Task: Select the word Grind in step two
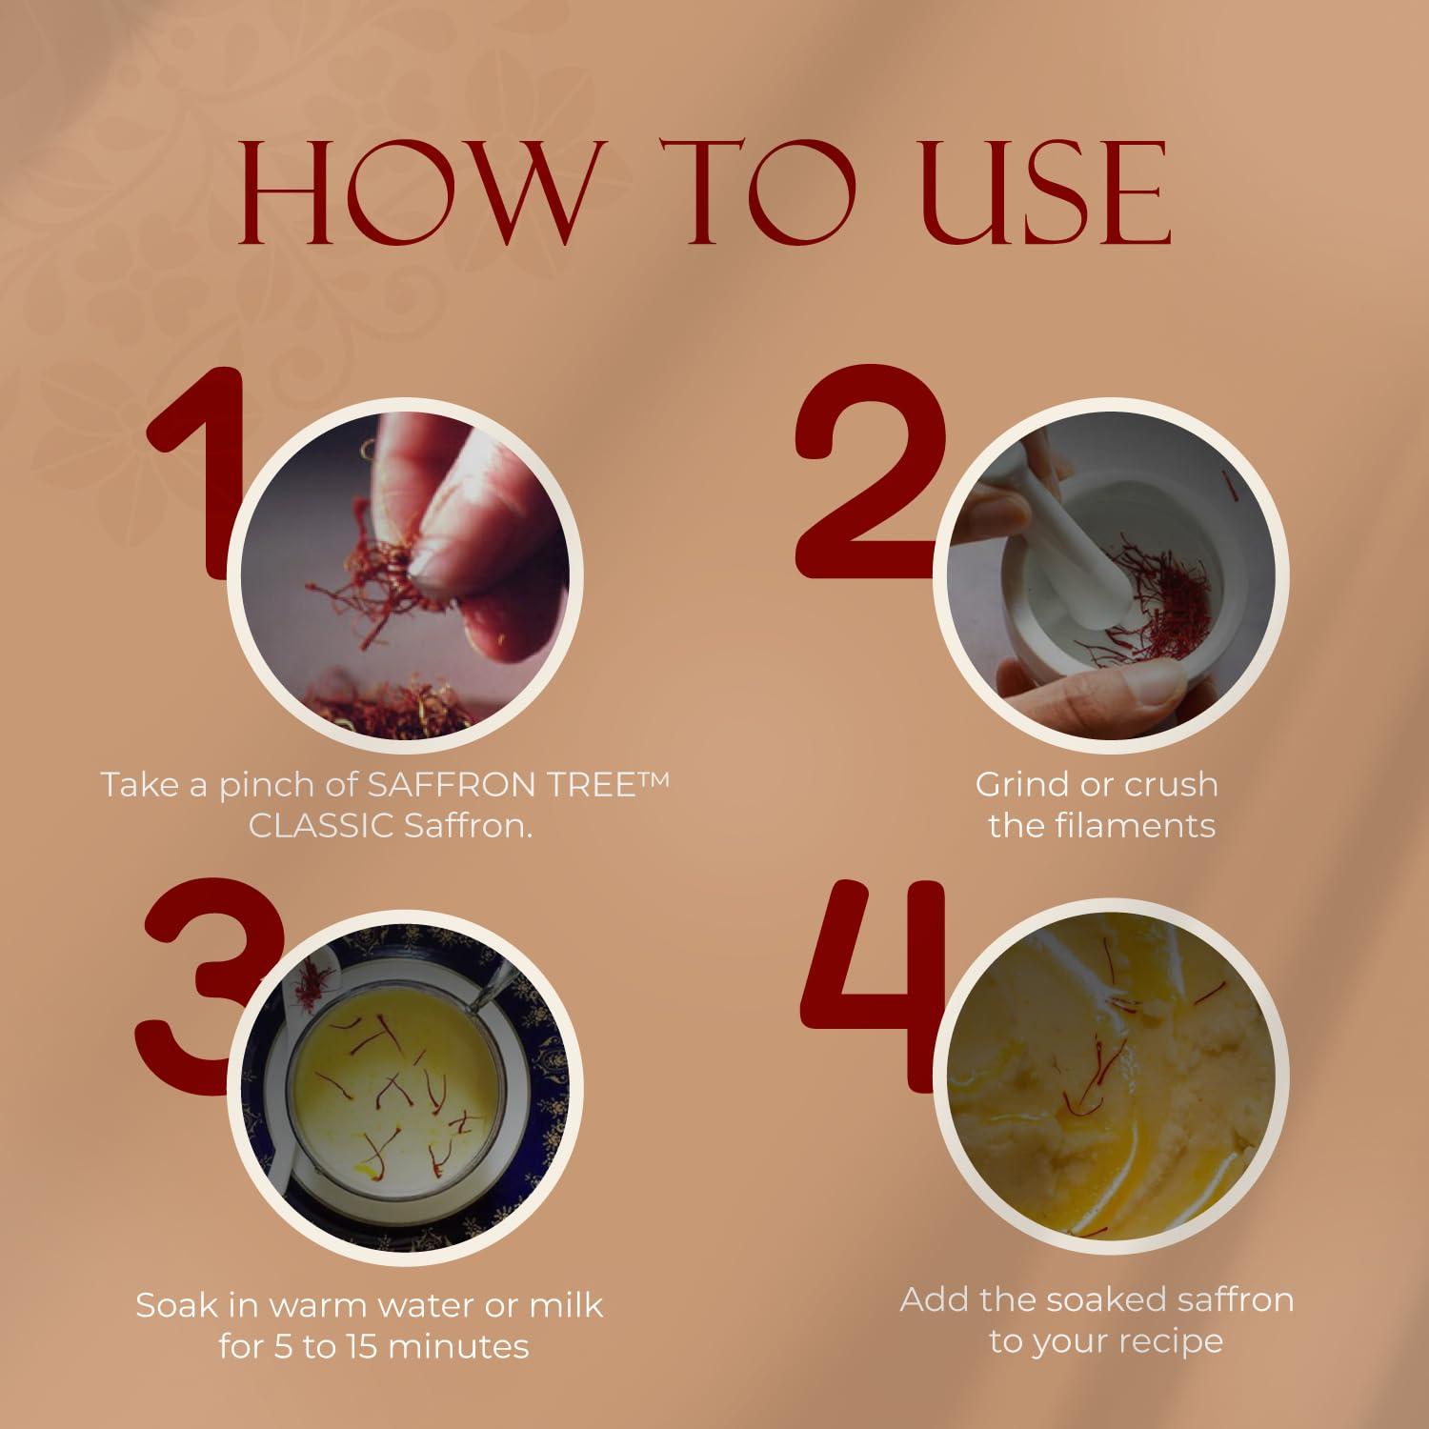(1018, 785)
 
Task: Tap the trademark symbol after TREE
(654, 778)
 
